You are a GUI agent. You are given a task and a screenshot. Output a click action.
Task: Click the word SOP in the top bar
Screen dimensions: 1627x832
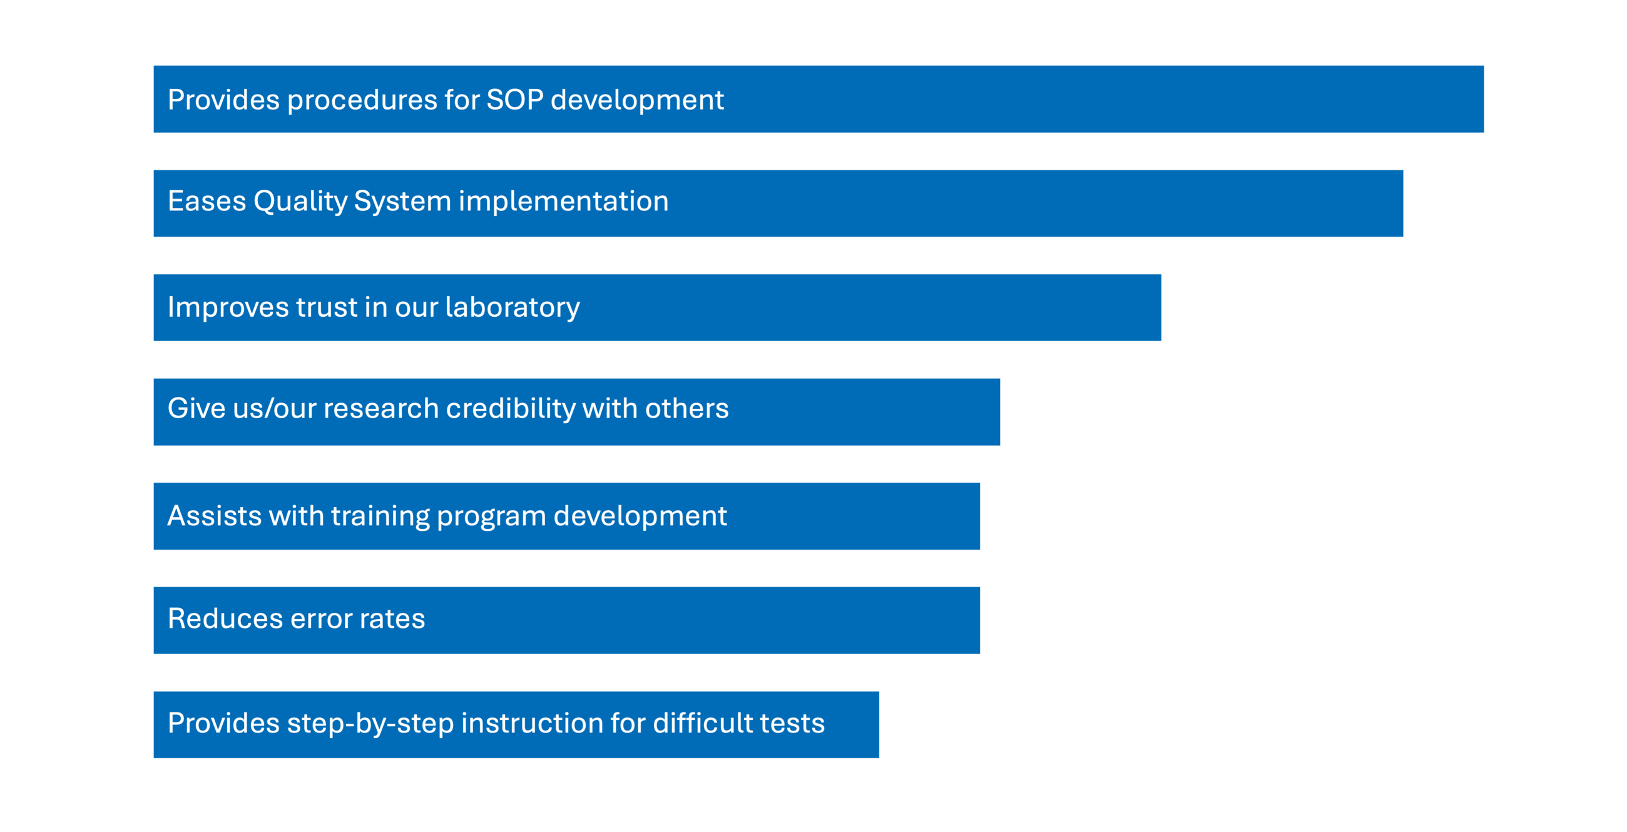(x=515, y=100)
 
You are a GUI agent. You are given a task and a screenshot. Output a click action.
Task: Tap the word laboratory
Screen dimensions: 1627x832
(x=513, y=307)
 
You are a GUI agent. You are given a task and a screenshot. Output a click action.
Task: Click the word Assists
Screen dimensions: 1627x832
(x=214, y=515)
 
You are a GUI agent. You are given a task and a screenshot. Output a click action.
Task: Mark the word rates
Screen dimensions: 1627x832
(x=392, y=619)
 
